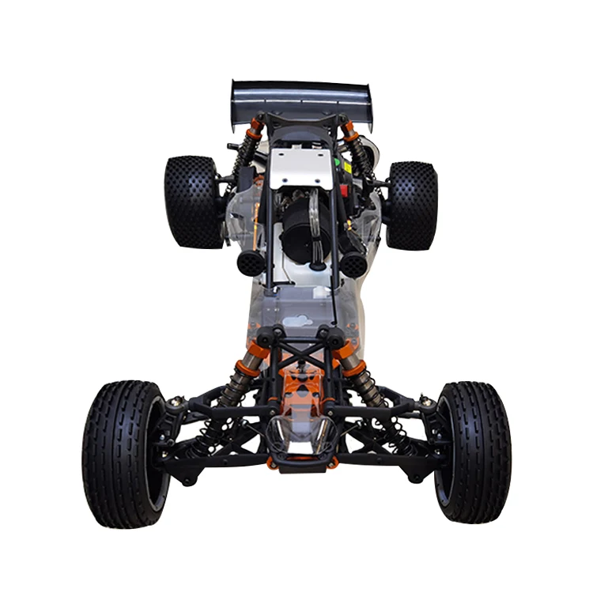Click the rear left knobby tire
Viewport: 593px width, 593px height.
coord(193,202)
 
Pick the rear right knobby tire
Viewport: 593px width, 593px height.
coord(410,206)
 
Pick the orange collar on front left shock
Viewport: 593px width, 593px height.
coord(244,368)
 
